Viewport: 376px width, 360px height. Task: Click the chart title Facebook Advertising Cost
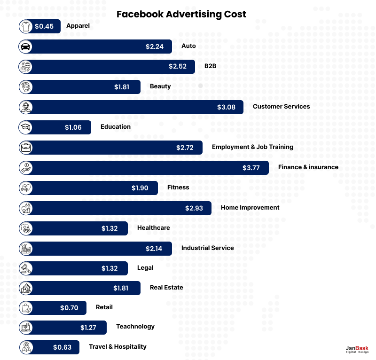click(x=181, y=14)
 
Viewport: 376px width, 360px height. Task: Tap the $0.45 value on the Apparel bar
click(x=44, y=26)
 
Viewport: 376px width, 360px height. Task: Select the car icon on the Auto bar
click(x=25, y=47)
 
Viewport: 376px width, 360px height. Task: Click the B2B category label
click(x=210, y=66)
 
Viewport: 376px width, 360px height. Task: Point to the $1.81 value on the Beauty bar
click(x=122, y=87)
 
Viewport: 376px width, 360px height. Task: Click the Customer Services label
click(x=281, y=107)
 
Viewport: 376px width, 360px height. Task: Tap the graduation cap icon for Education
click(x=25, y=127)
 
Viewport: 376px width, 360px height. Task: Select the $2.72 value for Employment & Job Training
click(x=185, y=148)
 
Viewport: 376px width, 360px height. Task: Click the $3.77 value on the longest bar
click(x=251, y=168)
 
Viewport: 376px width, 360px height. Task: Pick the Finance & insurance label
click(x=308, y=167)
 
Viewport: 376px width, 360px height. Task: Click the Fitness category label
click(x=178, y=188)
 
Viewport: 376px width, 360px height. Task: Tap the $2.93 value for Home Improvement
click(x=194, y=208)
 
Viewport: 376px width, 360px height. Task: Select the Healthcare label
click(x=153, y=228)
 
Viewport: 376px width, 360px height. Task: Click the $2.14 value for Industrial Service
click(x=154, y=249)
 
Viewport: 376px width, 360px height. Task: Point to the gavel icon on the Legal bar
click(x=25, y=268)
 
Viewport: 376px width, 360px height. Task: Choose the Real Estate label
click(x=166, y=288)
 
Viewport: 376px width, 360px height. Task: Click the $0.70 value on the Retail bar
click(x=69, y=308)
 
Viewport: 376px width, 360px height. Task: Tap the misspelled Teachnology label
click(x=135, y=327)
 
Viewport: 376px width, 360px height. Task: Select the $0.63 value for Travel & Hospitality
click(x=62, y=348)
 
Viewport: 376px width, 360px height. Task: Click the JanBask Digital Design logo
click(x=357, y=349)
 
